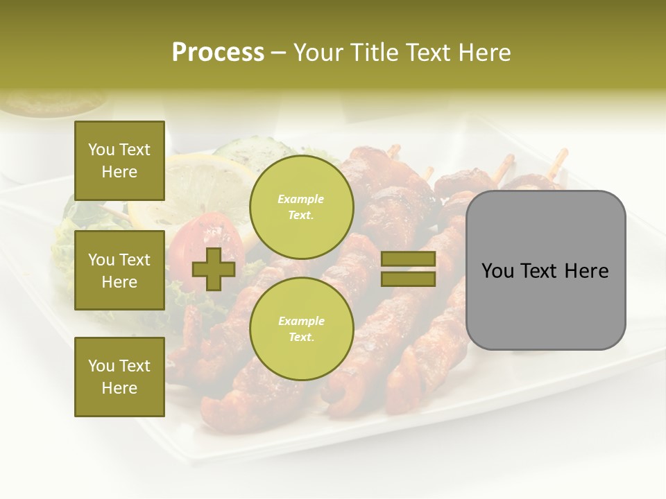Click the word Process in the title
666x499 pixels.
pos(218,53)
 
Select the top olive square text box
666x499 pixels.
pos(119,161)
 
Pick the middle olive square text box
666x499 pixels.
pos(119,270)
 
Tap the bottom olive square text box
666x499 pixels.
pos(119,377)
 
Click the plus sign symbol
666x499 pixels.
pos(214,270)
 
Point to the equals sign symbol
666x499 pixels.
pos(409,269)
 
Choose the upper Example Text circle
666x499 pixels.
pos(301,207)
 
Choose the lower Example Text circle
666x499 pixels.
pos(301,329)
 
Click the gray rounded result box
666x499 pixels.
pos(545,270)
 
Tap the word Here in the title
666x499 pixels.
pos(484,53)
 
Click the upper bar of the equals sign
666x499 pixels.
pos(409,259)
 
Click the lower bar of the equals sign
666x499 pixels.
pos(409,279)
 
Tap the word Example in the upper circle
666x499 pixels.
pos(301,199)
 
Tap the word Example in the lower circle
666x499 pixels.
pos(301,321)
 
